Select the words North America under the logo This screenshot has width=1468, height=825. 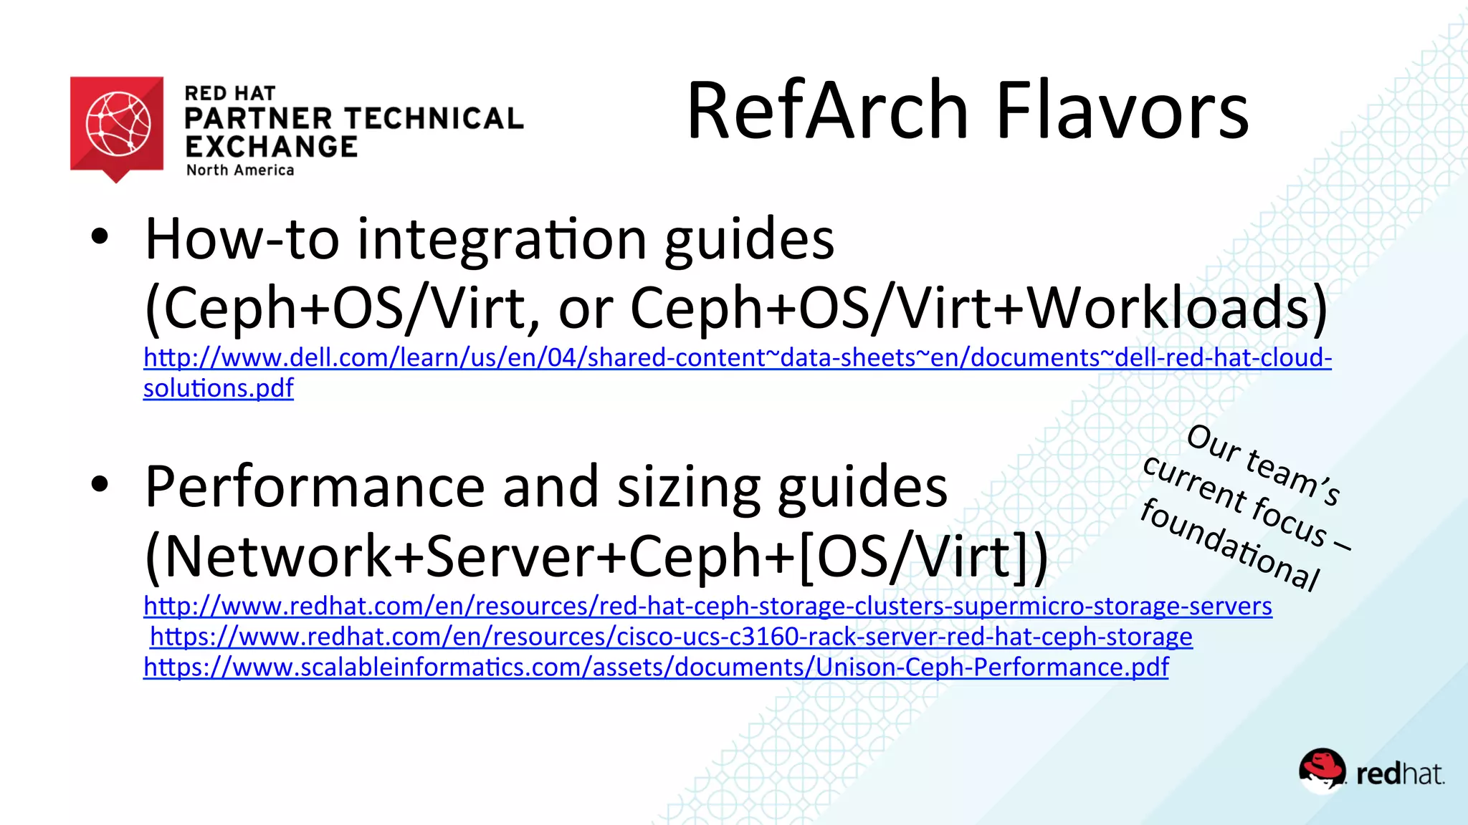pyautogui.click(x=240, y=170)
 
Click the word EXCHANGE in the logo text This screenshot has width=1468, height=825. pyautogui.click(x=271, y=147)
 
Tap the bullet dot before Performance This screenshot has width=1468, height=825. pyautogui.click(x=100, y=485)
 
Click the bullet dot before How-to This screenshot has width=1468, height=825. pyautogui.click(x=100, y=237)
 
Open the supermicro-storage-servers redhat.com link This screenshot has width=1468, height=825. pyautogui.click(x=707, y=606)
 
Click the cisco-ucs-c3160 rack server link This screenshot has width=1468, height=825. pyautogui.click(x=671, y=637)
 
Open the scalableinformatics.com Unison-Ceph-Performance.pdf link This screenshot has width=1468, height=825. pyautogui.click(x=656, y=667)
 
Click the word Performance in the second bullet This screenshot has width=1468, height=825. pyautogui.click(x=315, y=487)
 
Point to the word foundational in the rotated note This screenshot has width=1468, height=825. pyautogui.click(x=1230, y=545)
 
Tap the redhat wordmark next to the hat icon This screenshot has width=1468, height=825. pyautogui.click(x=1400, y=774)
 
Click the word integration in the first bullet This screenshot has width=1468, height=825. pyautogui.click(x=502, y=240)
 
